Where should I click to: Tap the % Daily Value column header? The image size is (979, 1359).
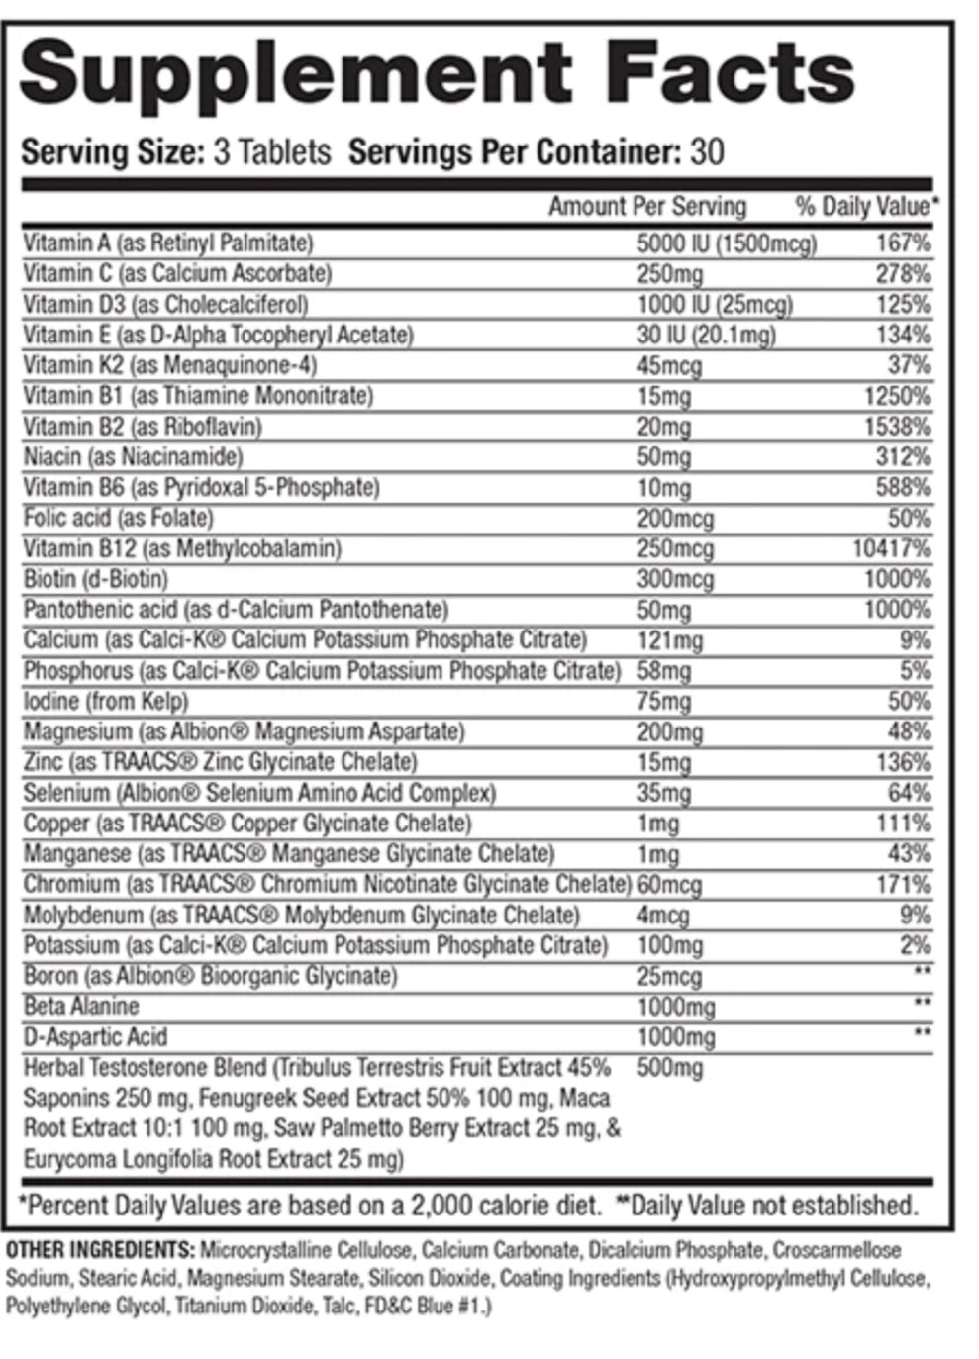865,207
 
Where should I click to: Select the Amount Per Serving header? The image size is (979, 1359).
646,207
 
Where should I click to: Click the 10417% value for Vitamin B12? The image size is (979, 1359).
891,548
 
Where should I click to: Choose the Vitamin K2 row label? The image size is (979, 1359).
169,365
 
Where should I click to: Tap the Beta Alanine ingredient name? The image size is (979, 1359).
81,1007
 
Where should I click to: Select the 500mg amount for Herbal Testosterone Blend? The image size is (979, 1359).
669,1069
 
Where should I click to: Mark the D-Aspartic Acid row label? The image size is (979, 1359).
95,1037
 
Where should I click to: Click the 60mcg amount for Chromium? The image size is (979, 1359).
669,885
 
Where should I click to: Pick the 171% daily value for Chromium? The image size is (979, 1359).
903,884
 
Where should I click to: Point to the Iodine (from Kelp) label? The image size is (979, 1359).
106,702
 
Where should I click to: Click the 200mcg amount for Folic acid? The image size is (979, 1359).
675,519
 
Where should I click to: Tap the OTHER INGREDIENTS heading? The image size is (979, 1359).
100,1250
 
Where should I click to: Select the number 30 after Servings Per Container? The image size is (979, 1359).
707,152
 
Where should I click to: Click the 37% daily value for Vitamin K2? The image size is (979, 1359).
909,365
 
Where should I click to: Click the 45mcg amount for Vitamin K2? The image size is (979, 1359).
669,366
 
